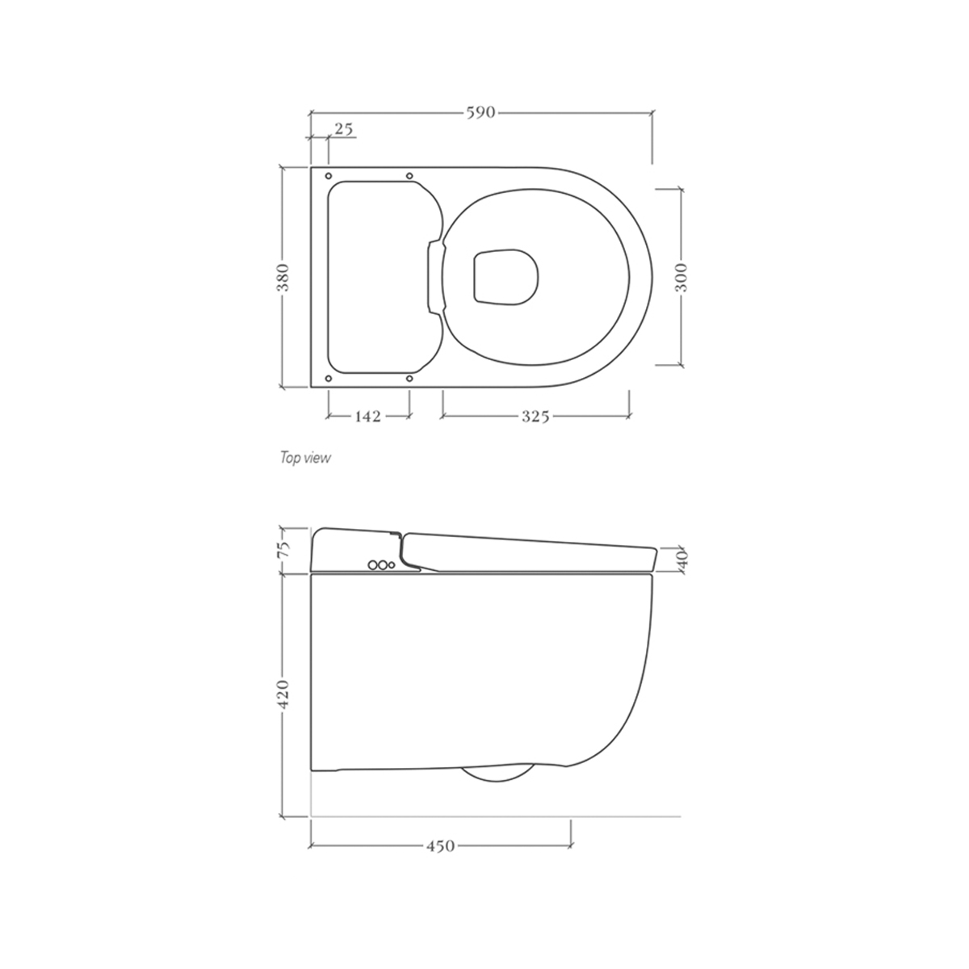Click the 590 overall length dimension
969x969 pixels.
[480, 112]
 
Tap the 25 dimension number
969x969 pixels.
[344, 129]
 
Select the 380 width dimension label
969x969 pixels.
[283, 277]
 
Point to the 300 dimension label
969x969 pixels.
[681, 277]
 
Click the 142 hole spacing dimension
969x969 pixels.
[368, 417]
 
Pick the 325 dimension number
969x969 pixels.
[535, 417]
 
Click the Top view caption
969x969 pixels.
[305, 458]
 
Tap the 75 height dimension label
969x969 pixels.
[283, 549]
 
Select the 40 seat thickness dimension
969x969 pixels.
[683, 559]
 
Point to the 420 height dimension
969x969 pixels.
[283, 694]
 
